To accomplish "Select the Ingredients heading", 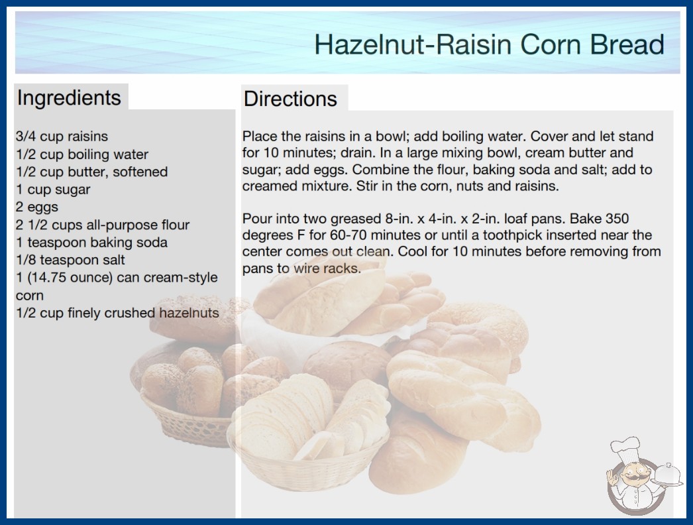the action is [x=69, y=97].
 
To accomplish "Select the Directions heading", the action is [x=290, y=99].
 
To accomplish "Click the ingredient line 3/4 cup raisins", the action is [x=62, y=137].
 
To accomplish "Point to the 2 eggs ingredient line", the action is [x=37, y=207].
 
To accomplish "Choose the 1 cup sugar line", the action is [x=53, y=190].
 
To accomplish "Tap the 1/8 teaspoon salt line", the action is [x=70, y=260].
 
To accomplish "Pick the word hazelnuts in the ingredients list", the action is [x=189, y=313].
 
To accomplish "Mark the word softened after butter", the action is [x=140, y=172].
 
